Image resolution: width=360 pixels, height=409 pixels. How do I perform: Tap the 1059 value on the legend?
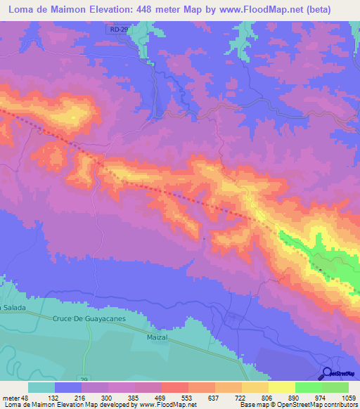tap(347, 398)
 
